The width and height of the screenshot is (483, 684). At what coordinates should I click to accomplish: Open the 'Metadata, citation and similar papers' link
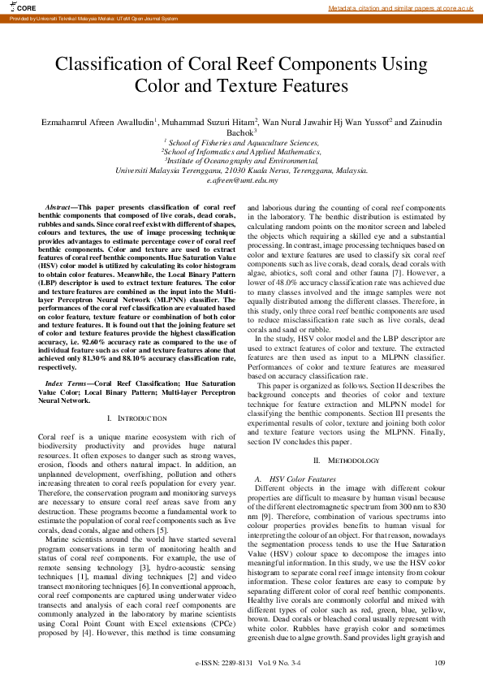point(400,8)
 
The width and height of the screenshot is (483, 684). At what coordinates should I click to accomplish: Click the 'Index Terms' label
point(67,381)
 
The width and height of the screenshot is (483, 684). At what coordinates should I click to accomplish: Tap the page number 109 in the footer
point(440,663)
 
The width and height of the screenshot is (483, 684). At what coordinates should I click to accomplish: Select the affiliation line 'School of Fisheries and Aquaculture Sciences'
point(242,142)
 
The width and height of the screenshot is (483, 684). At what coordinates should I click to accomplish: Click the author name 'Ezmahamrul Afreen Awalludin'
point(98,122)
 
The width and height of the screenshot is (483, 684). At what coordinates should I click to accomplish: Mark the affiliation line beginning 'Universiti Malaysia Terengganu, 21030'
point(241,171)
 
